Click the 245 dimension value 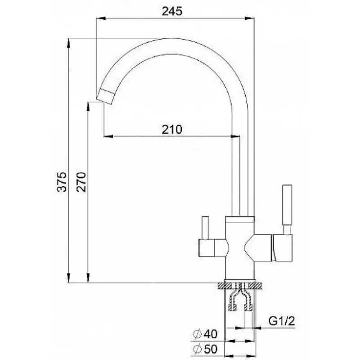click(172, 11)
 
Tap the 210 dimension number click(172, 130)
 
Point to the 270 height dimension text click(81, 182)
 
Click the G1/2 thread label click(282, 321)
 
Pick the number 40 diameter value click(210, 334)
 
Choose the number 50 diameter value click(210, 349)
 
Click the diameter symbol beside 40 click(197, 334)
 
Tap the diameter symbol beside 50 click(197, 349)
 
